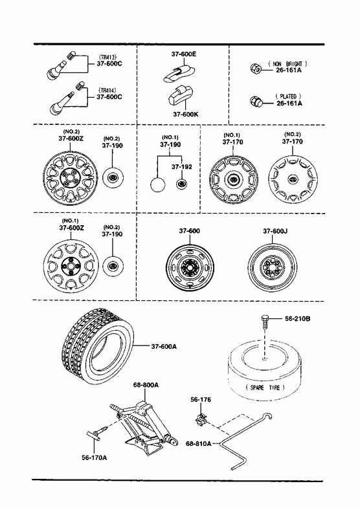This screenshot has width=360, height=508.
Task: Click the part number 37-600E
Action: (184, 54)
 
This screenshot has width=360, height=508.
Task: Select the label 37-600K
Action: (186, 114)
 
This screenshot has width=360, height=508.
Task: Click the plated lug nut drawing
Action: (256, 102)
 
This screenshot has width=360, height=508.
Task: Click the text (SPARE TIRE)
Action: (265, 387)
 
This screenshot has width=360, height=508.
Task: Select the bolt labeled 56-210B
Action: (265, 322)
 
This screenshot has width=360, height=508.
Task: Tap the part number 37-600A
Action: (164, 346)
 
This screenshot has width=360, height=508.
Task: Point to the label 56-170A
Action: (95, 457)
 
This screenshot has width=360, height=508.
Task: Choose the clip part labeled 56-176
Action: (201, 419)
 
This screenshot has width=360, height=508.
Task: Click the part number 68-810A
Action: (198, 443)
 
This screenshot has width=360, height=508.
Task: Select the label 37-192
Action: (181, 166)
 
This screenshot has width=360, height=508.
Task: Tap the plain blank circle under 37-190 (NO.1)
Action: (158, 185)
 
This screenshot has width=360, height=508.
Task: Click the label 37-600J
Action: (275, 231)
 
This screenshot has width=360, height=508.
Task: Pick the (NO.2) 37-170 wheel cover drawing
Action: (293, 179)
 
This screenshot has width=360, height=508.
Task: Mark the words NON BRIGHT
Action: (287, 64)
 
